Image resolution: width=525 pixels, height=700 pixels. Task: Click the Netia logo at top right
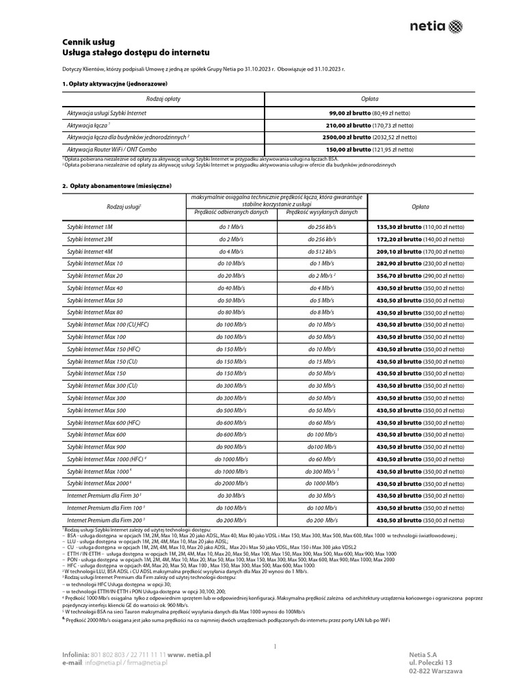[435, 27]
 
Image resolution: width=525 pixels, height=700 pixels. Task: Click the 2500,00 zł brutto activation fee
[363, 137]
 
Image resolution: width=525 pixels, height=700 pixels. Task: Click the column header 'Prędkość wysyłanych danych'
[321, 213]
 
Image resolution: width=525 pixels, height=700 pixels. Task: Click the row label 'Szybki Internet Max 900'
[96, 447]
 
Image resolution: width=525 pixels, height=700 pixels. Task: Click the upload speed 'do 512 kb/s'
[321, 251]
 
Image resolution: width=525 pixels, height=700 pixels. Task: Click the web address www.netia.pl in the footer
[189, 654]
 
